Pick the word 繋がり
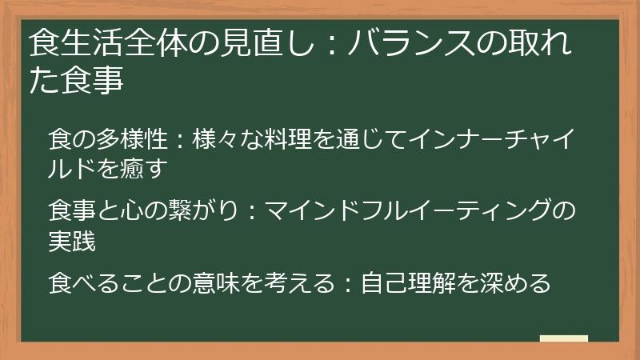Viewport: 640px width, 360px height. click(193, 210)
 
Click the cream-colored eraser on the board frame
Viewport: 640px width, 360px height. click(563, 338)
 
